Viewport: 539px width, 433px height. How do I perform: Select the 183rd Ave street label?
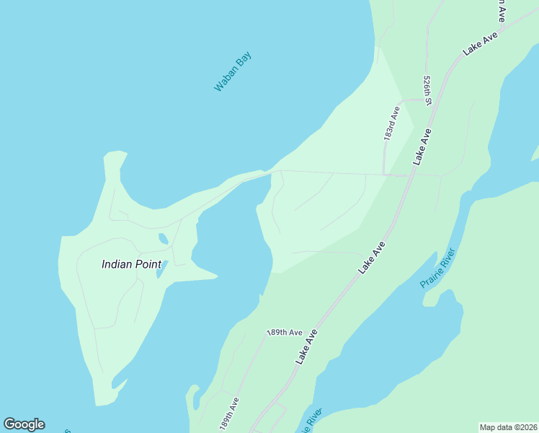[x=391, y=124]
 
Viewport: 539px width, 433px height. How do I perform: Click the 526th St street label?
[x=427, y=90]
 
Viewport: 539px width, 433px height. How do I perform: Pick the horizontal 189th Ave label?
[x=284, y=333]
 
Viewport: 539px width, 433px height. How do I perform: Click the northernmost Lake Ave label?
[x=481, y=45]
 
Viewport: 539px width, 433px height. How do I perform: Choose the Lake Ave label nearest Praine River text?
[x=372, y=258]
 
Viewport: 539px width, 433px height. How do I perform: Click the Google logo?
[x=24, y=424]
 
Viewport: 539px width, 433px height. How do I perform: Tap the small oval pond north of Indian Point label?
[x=164, y=238]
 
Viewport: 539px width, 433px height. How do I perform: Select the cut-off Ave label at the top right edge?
[x=500, y=9]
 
